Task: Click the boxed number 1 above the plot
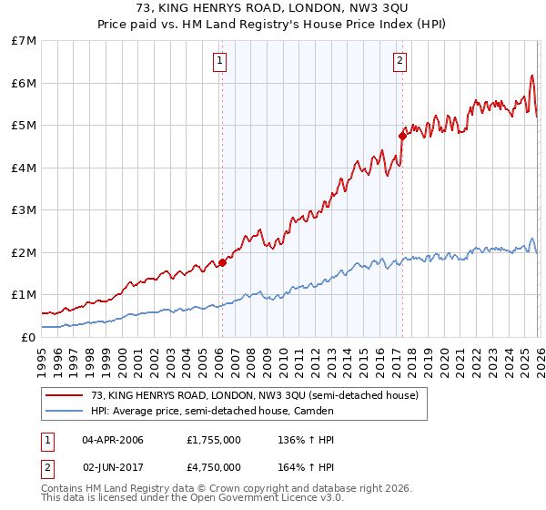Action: pyautogui.click(x=220, y=61)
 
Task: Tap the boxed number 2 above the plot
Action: pyautogui.click(x=399, y=61)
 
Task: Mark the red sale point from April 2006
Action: pyautogui.click(x=222, y=262)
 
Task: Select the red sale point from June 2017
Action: pyautogui.click(x=402, y=136)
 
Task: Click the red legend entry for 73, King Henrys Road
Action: pyautogui.click(x=254, y=395)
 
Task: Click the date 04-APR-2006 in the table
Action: pyautogui.click(x=113, y=440)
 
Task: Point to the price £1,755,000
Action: pyautogui.click(x=213, y=440)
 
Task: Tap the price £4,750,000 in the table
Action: pyautogui.click(x=213, y=466)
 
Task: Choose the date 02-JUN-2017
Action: pyautogui.click(x=113, y=466)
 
